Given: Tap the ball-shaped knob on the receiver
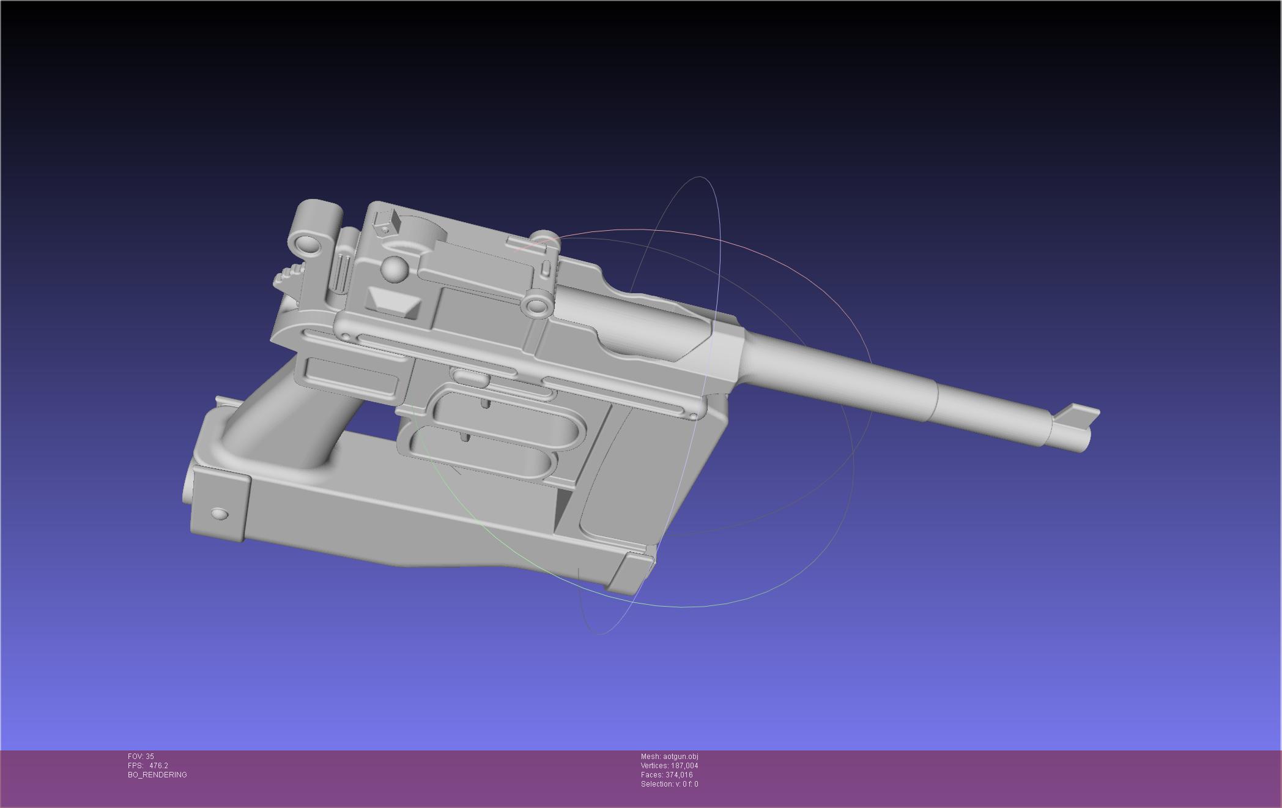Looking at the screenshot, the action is [395, 270].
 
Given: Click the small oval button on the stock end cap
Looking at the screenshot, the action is [220, 513].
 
